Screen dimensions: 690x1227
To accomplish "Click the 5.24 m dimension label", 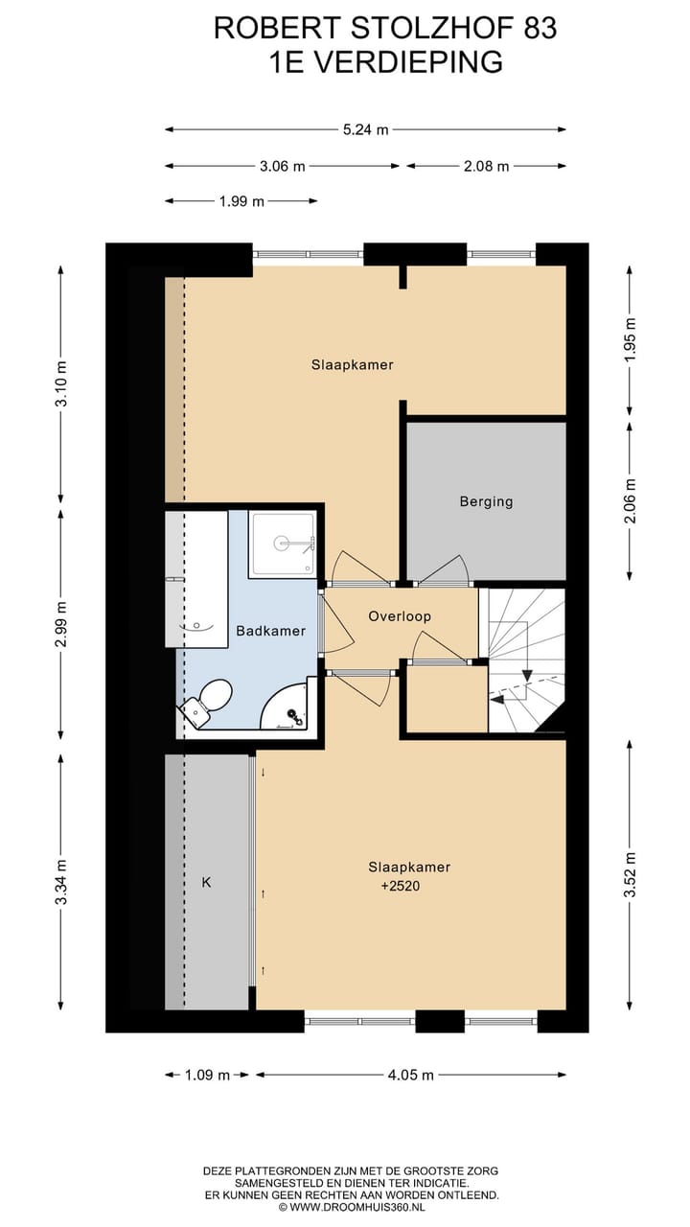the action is [x=366, y=129].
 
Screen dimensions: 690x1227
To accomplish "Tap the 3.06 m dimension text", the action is [x=282, y=166].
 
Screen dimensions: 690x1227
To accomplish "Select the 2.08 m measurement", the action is [x=486, y=166].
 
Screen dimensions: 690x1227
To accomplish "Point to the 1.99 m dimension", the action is [x=241, y=201].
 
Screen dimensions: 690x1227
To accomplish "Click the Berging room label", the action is [x=486, y=501].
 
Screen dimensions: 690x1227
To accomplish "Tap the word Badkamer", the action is [x=270, y=631].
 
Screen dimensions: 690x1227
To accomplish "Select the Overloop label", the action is [x=400, y=616].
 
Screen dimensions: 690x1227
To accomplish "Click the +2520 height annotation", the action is [x=401, y=887].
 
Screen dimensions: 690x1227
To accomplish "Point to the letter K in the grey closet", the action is [x=206, y=883].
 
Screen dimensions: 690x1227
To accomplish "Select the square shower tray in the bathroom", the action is [x=282, y=544].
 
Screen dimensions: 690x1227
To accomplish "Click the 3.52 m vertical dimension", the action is [x=631, y=875].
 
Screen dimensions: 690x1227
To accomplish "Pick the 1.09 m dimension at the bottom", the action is [x=207, y=1076].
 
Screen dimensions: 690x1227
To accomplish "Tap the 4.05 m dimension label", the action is [x=411, y=1076].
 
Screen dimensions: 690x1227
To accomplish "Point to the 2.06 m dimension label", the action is [x=631, y=500].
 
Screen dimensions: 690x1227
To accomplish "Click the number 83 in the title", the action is [x=540, y=28].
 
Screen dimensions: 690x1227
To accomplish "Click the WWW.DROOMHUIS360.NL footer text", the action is [x=357, y=1207].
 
